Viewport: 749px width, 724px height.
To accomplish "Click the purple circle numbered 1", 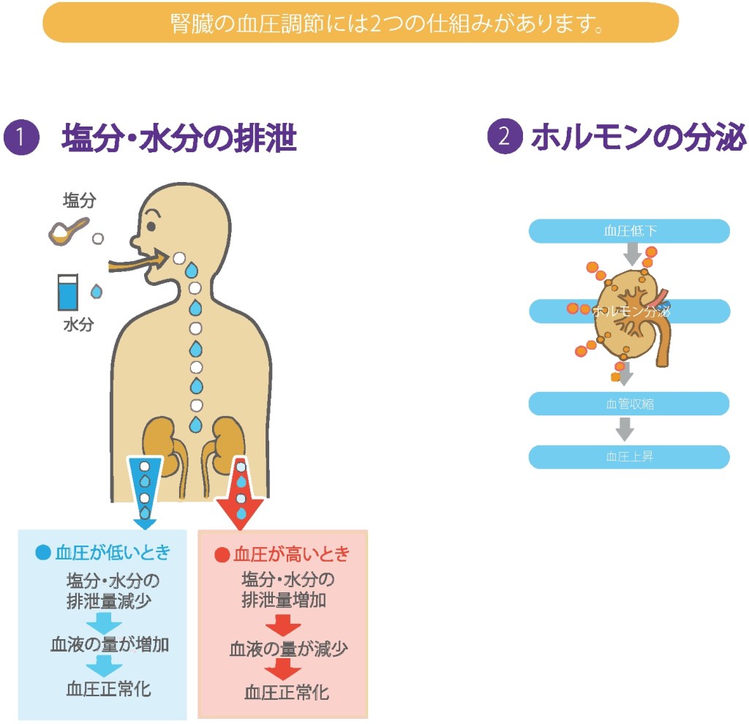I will click(x=21, y=138).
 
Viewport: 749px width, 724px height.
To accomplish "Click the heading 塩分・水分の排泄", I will click(x=179, y=138).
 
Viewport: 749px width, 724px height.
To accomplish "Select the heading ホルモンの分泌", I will click(x=638, y=138).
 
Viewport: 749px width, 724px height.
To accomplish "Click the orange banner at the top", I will click(x=361, y=23).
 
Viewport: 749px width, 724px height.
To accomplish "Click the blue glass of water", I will click(x=69, y=292).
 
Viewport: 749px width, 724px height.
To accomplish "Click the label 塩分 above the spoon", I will click(x=79, y=200).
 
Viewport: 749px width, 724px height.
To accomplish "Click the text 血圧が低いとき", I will click(x=104, y=553).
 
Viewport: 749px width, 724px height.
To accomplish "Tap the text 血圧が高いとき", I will click(x=282, y=554).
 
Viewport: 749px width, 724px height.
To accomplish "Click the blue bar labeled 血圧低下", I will click(x=629, y=231).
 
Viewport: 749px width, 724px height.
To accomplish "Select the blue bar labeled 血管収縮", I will click(x=629, y=404).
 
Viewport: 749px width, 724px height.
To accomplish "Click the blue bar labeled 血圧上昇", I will click(x=629, y=457).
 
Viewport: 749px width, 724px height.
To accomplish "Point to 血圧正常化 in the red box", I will click(x=287, y=692).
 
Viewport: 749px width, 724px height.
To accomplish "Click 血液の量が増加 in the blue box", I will click(x=110, y=645).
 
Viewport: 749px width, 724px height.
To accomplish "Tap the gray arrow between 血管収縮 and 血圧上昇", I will click(x=624, y=430).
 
